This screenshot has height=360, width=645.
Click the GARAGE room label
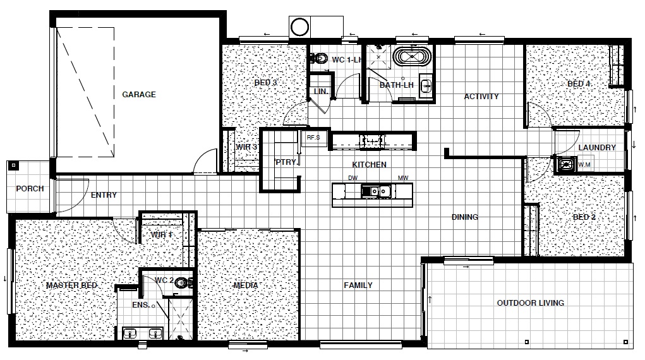click(x=138, y=95)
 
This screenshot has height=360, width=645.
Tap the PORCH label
click(x=30, y=189)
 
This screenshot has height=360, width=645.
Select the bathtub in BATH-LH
click(x=412, y=56)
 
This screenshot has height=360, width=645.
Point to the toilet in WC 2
click(x=184, y=283)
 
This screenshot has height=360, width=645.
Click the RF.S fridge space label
click(x=313, y=138)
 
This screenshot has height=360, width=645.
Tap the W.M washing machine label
click(x=584, y=165)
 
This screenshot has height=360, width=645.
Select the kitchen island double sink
click(x=375, y=191)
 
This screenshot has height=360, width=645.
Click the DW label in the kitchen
click(x=353, y=178)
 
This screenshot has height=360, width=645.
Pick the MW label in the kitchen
click(x=403, y=178)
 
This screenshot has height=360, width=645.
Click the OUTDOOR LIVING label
click(x=530, y=303)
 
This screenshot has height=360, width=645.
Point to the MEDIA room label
click(x=246, y=285)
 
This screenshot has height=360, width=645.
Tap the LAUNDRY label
click(x=597, y=148)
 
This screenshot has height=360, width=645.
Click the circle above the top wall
click(x=299, y=27)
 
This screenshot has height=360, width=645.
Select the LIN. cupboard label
click(x=321, y=92)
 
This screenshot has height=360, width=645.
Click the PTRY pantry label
click(x=286, y=162)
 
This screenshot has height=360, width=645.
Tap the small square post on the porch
click(x=13, y=165)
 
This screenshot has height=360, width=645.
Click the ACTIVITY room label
click(x=481, y=97)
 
